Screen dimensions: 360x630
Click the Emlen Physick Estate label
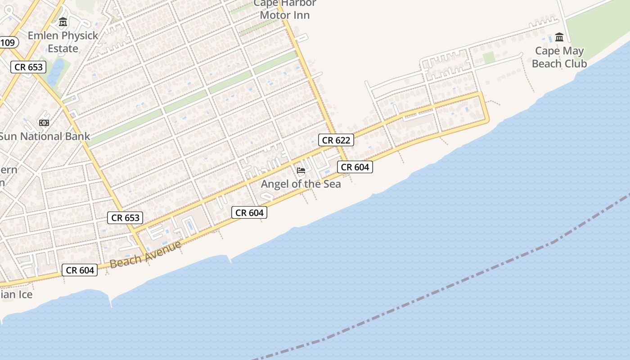click(x=63, y=42)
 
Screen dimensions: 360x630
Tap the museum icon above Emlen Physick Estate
click(x=63, y=22)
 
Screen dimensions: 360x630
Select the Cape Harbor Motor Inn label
click(x=285, y=9)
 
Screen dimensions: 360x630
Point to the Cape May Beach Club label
click(x=559, y=57)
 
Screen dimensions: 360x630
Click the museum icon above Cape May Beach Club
click(x=559, y=37)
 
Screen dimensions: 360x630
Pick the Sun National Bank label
click(x=44, y=136)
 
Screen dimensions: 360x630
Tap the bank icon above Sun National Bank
click(x=44, y=122)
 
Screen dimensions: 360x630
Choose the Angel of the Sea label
click(x=301, y=184)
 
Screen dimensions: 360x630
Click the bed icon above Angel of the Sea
click(x=301, y=171)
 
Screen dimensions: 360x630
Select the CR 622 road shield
click(x=336, y=140)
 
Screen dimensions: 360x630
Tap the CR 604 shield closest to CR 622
click(x=355, y=167)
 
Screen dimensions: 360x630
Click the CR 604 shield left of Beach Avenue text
click(x=80, y=270)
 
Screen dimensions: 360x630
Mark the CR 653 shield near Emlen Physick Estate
click(x=29, y=67)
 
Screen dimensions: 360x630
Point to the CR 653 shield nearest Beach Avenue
click(x=126, y=218)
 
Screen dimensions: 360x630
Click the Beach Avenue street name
click(x=145, y=254)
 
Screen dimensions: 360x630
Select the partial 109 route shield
click(x=8, y=43)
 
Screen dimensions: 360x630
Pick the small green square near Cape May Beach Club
click(x=488, y=58)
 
